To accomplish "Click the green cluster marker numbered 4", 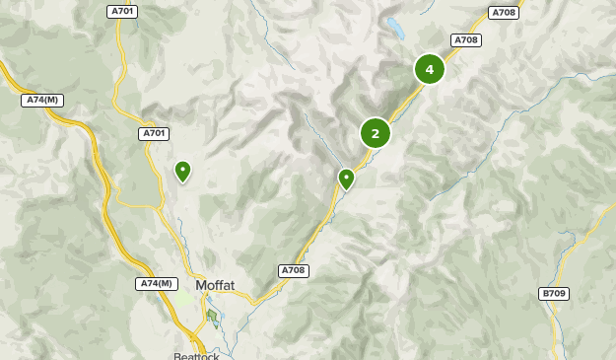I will (x=429, y=69).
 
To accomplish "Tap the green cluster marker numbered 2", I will (x=376, y=132).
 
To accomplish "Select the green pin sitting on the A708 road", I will (x=346, y=179).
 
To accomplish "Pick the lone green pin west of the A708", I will (x=182, y=171).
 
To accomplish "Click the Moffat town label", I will (x=215, y=286).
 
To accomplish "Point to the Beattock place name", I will (x=193, y=355).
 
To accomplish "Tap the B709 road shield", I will (x=554, y=294).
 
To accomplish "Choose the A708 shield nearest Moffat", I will (x=294, y=270).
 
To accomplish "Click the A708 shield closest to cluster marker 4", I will (x=466, y=40).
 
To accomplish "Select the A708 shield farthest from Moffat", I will (x=504, y=13).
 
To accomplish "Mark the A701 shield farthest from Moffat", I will (x=122, y=11).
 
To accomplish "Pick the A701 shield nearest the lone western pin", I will (x=154, y=133).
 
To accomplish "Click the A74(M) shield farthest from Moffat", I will (x=42, y=100).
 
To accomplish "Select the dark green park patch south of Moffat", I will (x=212, y=316).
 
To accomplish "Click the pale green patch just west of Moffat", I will (x=184, y=296).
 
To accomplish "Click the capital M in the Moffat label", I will (x=201, y=286).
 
